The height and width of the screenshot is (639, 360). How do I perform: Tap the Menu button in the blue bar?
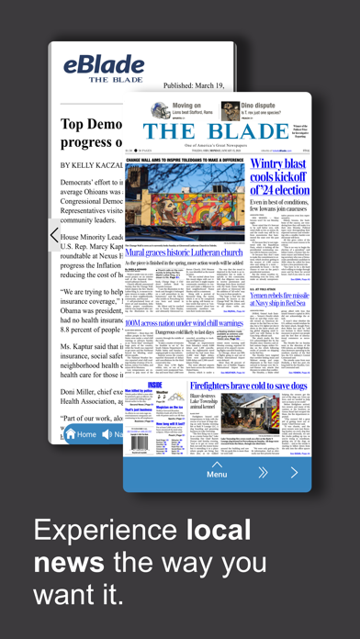point(217,474)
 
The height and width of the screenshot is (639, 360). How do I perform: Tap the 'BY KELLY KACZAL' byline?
point(90,164)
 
